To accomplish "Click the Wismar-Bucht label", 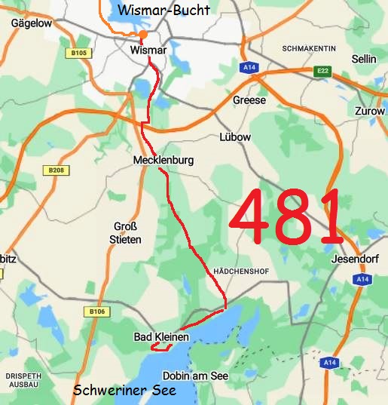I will pos(163,10).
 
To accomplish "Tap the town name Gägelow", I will pos(30,23).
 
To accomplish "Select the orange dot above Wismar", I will pos(143,34).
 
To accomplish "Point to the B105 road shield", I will pos(77,53).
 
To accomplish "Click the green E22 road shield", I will pos(323,71).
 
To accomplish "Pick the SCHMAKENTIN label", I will pos(308,48).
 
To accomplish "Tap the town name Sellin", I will pos(363,59).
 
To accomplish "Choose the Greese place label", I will pos(249,100).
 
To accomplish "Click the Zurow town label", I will pos(369,111).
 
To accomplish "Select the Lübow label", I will pos(234,137).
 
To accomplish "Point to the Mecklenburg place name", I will pos(163,161).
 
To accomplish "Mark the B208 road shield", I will pos(54,171).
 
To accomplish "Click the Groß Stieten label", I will pos(127,232).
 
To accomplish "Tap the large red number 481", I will pos(286,217).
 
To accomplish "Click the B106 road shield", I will pos(96,311).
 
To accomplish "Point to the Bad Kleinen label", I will pos(161,336).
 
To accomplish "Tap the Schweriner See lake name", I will pos(124,391).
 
